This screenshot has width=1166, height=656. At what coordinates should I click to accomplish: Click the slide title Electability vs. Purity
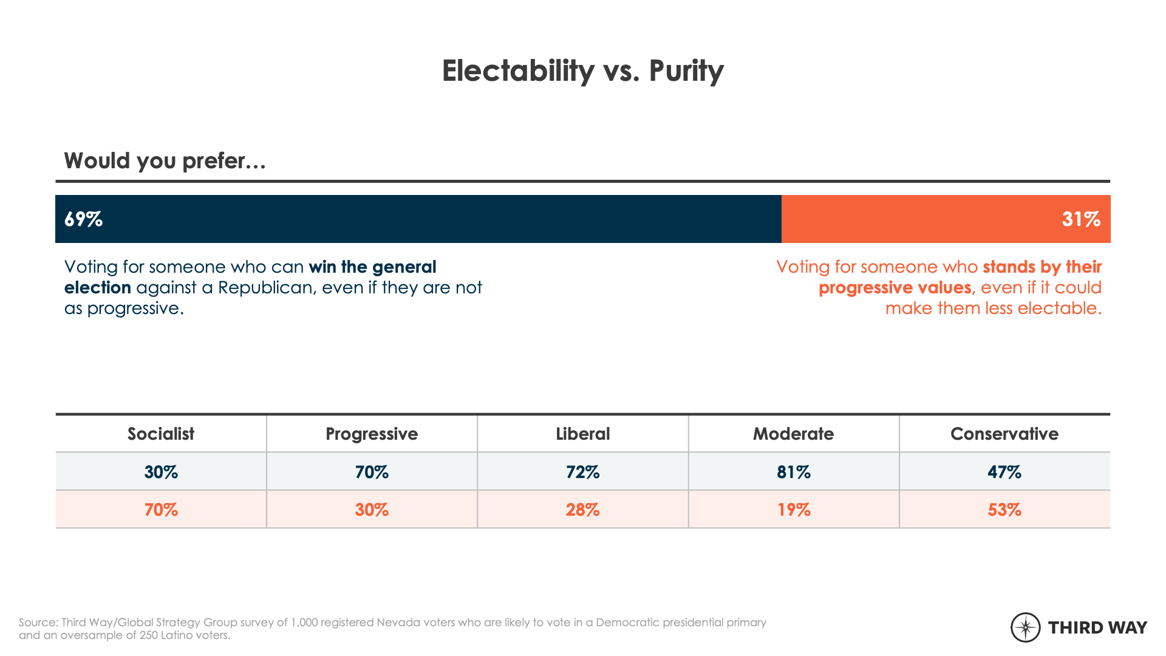582,71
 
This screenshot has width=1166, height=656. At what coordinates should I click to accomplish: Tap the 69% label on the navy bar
83,219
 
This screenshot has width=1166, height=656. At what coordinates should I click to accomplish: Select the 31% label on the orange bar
1081,219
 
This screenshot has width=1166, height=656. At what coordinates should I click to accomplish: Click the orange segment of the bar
946,219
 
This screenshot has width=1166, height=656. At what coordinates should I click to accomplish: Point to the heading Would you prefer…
165,161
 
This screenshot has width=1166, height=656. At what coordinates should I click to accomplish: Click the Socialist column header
161,434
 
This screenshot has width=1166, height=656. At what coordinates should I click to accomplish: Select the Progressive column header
372,434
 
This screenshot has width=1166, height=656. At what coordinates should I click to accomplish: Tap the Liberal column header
583,434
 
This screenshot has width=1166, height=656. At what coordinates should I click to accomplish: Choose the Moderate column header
794,434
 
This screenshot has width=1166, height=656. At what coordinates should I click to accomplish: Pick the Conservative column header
1004,434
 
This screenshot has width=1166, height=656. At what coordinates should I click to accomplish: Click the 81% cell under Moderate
794,472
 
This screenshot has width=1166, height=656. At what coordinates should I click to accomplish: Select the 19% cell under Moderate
794,510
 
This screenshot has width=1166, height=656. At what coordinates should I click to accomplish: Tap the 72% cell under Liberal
583,472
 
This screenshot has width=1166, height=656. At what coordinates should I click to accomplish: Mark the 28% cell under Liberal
583,510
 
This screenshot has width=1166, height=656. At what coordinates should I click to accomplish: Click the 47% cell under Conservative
1004,472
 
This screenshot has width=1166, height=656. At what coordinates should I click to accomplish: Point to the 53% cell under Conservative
1004,510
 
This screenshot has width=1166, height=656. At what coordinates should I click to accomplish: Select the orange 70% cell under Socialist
161,510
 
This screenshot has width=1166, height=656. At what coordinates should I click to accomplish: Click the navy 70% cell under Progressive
372,472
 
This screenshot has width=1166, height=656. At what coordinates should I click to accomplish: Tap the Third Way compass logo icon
1026,627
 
